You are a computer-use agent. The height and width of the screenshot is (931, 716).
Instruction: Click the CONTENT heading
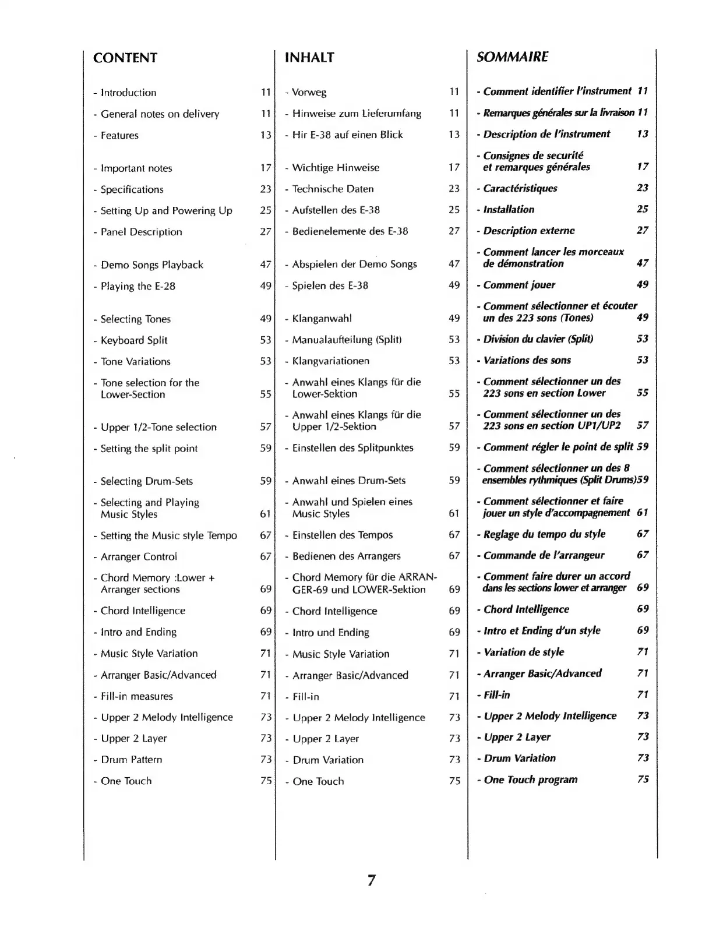[125, 58]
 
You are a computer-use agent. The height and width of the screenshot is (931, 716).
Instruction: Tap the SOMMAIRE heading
[512, 57]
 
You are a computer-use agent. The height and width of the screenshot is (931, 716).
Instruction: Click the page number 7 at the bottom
[371, 880]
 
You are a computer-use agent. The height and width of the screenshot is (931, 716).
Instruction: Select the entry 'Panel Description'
[141, 232]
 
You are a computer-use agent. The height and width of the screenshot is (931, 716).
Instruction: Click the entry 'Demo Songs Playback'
[151, 265]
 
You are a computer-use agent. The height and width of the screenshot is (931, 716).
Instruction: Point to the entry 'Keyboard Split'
[134, 340]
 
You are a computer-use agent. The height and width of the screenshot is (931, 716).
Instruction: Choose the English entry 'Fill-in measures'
[136, 696]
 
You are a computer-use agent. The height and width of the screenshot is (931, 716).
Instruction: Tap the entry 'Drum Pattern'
[131, 760]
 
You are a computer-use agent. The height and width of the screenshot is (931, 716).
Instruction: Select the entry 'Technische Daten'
[333, 189]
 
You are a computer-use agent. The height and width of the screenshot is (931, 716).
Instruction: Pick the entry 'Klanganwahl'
[322, 319]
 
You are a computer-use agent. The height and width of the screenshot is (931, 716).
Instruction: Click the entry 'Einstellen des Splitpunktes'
[352, 448]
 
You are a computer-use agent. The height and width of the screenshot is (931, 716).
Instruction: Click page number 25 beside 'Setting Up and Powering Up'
[266, 210]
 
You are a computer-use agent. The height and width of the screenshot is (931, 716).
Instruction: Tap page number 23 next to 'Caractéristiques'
[643, 188]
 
